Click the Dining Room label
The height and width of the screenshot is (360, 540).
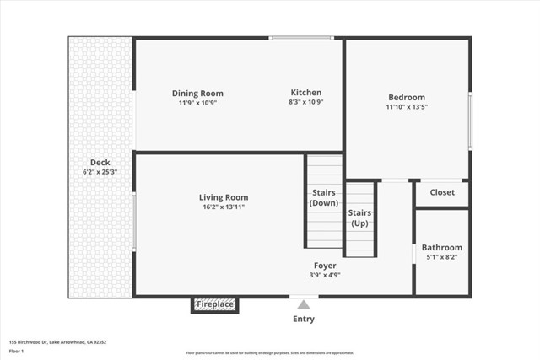coord(197,94)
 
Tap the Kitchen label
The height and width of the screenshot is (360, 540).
coord(305,93)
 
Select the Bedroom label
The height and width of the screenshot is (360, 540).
coord(407,97)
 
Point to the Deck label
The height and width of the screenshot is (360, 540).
coord(100,163)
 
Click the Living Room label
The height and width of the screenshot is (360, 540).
coord(224,197)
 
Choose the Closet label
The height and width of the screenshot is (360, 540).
coord(442,192)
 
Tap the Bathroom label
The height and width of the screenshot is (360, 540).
coord(442,248)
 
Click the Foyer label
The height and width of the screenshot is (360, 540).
coord(325,264)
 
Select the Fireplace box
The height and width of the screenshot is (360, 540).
coord(214,304)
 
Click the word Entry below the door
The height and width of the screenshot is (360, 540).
coord(304,319)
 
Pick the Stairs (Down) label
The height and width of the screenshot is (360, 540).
coord(324,198)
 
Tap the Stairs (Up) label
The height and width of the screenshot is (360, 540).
coord(359,218)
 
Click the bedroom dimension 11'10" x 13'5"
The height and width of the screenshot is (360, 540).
coord(407,107)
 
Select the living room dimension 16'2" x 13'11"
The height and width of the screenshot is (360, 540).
coord(224,207)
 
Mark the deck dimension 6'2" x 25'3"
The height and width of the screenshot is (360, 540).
coord(100,172)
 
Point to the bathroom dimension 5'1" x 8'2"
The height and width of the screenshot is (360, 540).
coord(442,257)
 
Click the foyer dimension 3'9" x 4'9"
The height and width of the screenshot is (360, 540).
coord(325,274)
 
